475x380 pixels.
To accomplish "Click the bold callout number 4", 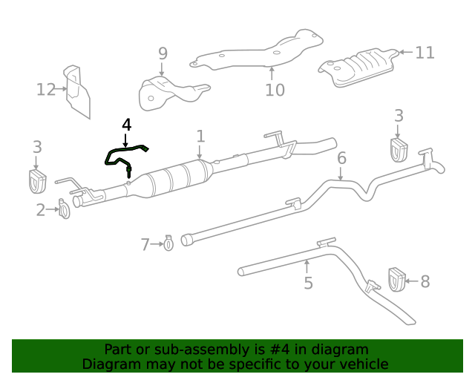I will (126, 124).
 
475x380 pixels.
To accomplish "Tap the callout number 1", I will (200, 136).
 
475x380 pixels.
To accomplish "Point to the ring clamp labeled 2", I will (64, 210).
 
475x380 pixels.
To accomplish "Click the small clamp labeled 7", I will (168, 242).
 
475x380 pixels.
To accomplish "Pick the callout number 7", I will (145, 243).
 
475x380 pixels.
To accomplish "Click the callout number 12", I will (46, 90).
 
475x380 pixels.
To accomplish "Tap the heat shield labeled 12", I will (77, 92).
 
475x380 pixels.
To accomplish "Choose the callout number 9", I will (163, 53).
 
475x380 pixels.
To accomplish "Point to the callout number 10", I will (275, 90).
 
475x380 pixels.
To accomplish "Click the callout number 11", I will (425, 53).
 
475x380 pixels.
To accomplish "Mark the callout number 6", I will (341, 158).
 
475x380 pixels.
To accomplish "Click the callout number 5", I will (308, 283).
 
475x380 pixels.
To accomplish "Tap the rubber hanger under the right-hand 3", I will (399, 148).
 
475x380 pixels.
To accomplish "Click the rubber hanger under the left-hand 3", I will (37, 180).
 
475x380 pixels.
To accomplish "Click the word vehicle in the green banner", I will (364, 364).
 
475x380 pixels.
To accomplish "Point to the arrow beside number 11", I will (404, 52).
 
